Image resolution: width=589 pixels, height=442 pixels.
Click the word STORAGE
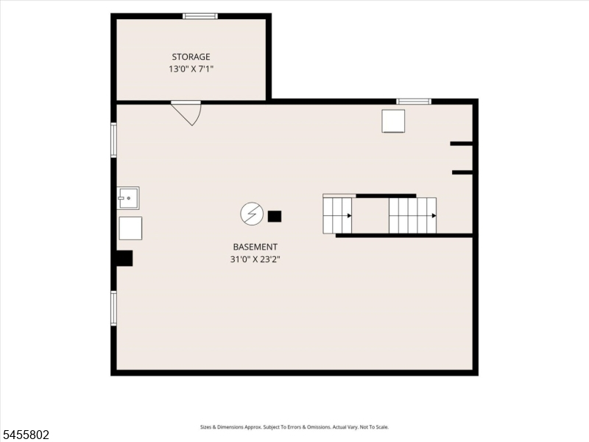[191, 57]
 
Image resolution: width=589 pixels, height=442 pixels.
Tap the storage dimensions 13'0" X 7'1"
[191, 69]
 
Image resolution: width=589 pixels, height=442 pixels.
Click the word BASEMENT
[255, 247]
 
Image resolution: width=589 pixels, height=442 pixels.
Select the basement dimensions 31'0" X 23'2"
[255, 259]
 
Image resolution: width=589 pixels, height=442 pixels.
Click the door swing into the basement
[187, 113]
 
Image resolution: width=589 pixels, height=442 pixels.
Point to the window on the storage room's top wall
[200, 16]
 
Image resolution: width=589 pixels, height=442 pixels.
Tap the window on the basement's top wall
[414, 102]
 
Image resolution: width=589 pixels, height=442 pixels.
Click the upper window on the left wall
[113, 140]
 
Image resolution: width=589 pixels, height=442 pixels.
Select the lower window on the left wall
[113, 308]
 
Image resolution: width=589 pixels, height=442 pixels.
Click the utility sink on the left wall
[128, 198]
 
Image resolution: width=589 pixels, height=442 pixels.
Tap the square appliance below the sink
[130, 228]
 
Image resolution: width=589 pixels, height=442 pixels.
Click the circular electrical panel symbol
[252, 214]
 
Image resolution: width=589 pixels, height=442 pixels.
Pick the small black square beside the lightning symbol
[274, 217]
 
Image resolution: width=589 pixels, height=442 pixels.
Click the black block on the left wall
[124, 259]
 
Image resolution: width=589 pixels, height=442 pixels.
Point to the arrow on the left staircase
[349, 216]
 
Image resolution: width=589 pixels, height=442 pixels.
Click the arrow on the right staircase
[434, 216]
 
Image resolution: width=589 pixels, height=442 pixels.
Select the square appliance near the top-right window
[393, 121]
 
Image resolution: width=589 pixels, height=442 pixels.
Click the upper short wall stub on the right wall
[462, 144]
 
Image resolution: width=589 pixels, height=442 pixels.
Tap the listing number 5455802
[25, 435]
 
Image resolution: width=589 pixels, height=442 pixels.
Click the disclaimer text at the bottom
[294, 427]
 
